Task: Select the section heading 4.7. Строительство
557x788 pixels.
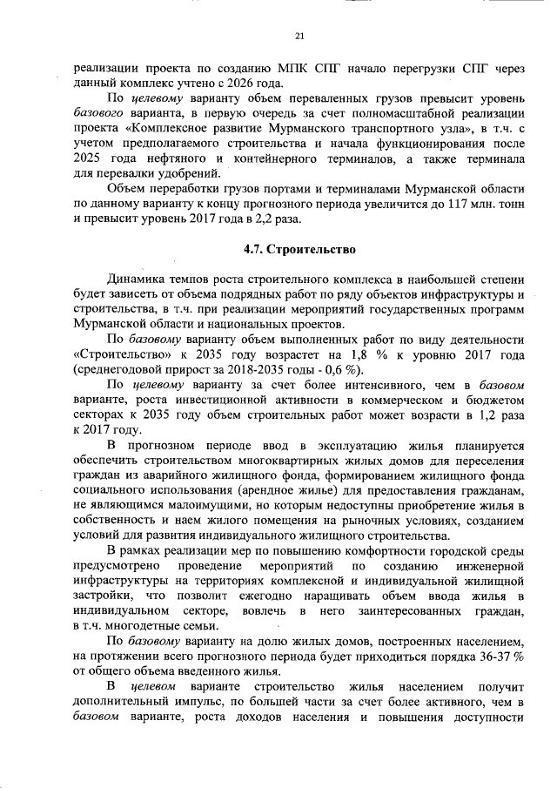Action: click(x=299, y=250)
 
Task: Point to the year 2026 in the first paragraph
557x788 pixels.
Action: click(x=246, y=83)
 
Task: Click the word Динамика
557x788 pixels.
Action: click(x=136, y=280)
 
